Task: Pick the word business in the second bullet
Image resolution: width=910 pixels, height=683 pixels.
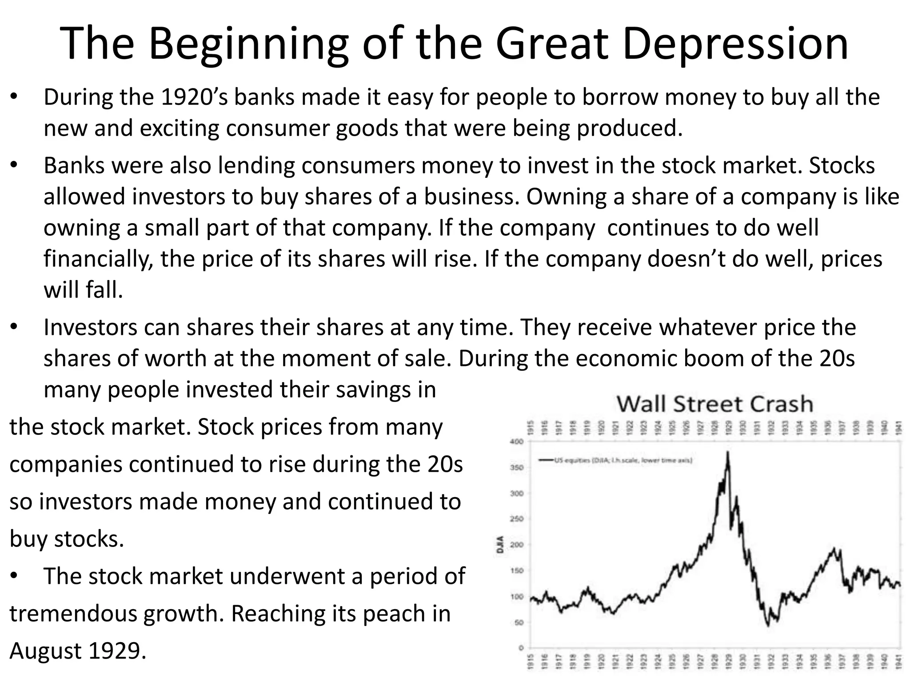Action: (x=471, y=197)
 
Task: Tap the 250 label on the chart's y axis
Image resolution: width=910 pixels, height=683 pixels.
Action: (x=518, y=519)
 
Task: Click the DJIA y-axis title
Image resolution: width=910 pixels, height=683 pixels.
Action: (x=500, y=544)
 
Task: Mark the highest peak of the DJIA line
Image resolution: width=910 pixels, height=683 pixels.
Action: (x=727, y=452)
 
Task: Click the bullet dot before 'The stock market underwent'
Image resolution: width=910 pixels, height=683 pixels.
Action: (x=14, y=577)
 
